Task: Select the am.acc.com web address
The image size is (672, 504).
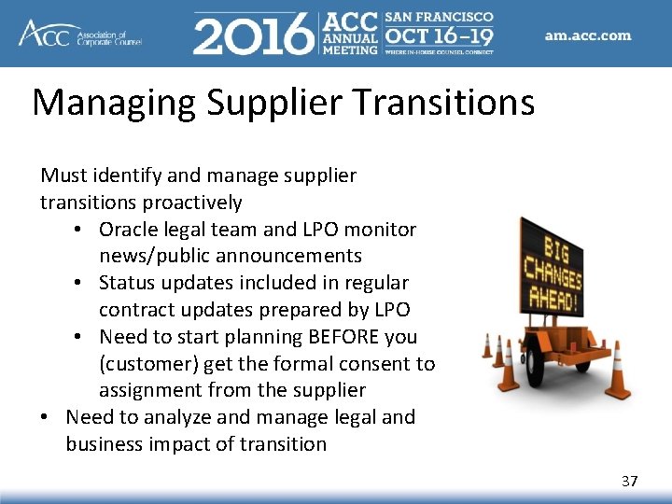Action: (x=588, y=36)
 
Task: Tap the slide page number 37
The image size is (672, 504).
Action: (x=630, y=481)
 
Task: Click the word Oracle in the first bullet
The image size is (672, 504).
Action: (x=128, y=229)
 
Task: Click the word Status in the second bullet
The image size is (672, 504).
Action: (x=128, y=282)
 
